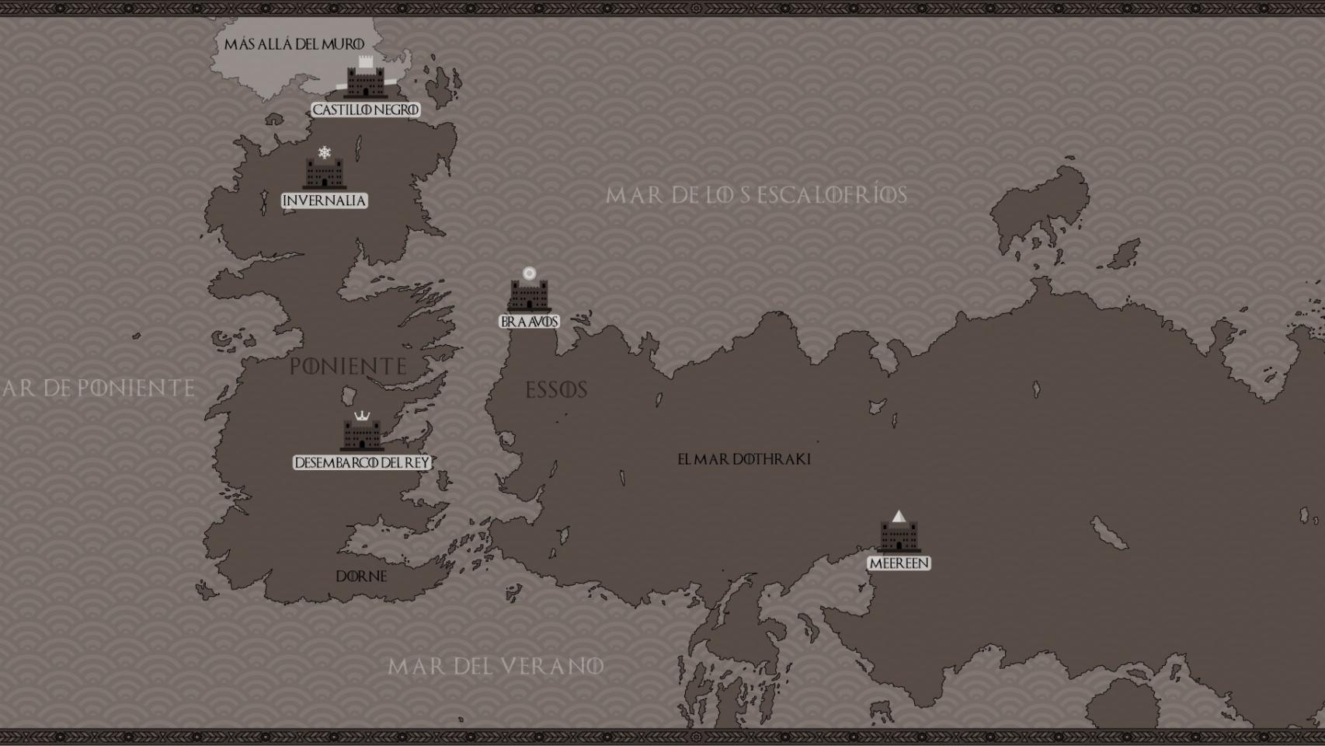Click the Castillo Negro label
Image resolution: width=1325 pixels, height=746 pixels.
365,110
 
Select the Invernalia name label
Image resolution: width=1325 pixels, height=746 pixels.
324,200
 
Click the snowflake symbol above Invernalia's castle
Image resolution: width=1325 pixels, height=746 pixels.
325,152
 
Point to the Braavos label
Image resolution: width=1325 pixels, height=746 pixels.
529,321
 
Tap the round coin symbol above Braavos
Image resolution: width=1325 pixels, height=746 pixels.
529,274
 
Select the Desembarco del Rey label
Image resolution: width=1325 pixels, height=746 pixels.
362,462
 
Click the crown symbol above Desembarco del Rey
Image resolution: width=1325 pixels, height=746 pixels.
362,417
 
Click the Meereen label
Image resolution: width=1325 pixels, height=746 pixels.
899,563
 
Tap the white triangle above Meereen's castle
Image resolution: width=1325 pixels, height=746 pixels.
899,516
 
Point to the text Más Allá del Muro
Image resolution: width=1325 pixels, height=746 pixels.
294,44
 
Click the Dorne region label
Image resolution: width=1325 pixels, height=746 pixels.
361,577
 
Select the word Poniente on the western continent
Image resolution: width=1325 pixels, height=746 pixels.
348,366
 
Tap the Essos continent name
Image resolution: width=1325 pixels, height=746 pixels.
556,390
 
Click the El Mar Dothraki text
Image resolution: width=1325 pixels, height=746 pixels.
744,459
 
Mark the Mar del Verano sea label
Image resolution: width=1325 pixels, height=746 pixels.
496,666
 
